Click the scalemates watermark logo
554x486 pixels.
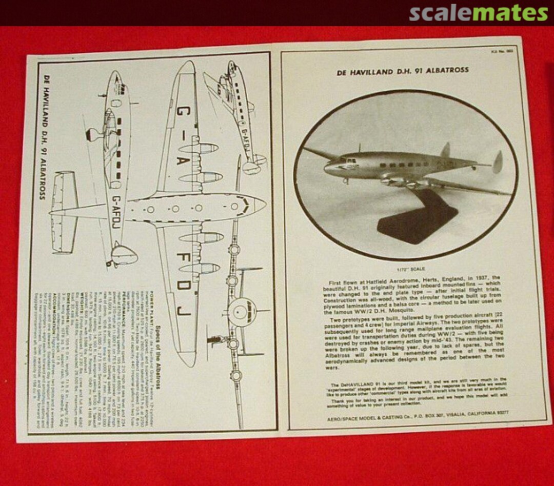tap(478, 12)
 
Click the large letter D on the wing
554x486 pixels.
tap(184, 285)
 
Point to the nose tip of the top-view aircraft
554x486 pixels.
tap(264, 205)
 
